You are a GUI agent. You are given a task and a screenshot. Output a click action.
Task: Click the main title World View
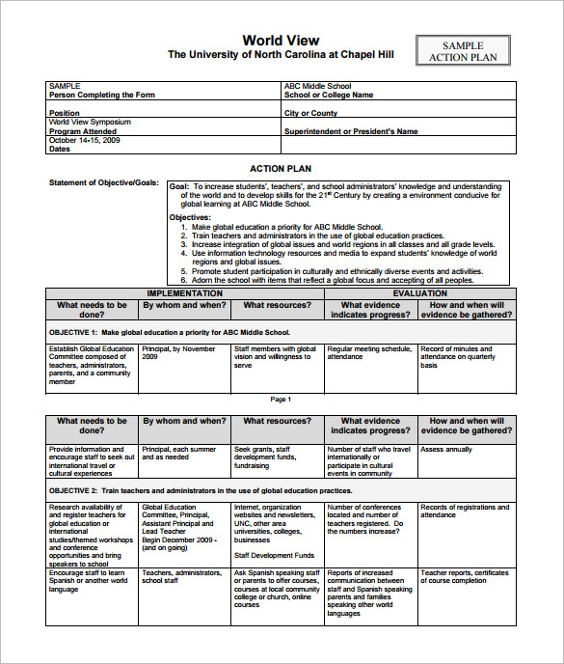coord(280,40)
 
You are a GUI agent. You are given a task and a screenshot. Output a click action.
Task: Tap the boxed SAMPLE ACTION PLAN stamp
coord(463,51)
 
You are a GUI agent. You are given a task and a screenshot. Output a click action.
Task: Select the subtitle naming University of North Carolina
coord(281,55)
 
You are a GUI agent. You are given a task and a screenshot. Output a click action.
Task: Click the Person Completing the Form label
coord(101,96)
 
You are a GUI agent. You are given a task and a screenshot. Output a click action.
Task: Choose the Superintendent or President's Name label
coord(351,132)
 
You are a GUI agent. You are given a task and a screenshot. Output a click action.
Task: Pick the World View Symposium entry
coord(90,123)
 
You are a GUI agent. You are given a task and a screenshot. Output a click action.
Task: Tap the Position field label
coord(65,114)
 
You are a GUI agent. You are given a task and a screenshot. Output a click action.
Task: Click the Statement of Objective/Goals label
coord(103,182)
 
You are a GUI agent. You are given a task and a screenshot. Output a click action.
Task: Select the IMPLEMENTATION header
coord(184,293)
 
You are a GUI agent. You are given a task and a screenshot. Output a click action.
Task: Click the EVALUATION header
coord(419,293)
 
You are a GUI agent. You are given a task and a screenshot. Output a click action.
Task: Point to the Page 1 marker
coord(280,399)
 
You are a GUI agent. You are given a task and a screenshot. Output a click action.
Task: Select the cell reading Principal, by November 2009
coord(179,353)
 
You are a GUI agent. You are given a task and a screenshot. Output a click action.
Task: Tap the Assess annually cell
coord(446,449)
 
